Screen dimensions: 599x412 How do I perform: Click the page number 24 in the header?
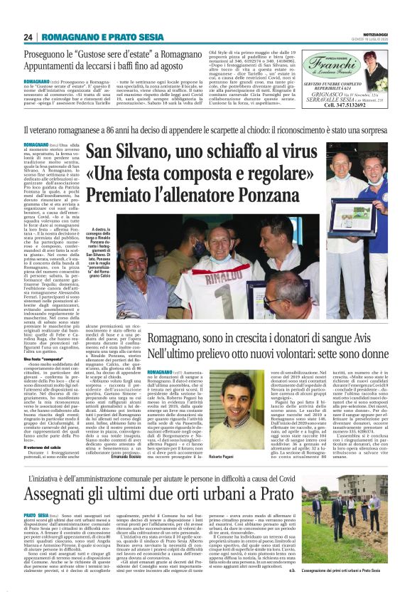pyautogui.click(x=29, y=37)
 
